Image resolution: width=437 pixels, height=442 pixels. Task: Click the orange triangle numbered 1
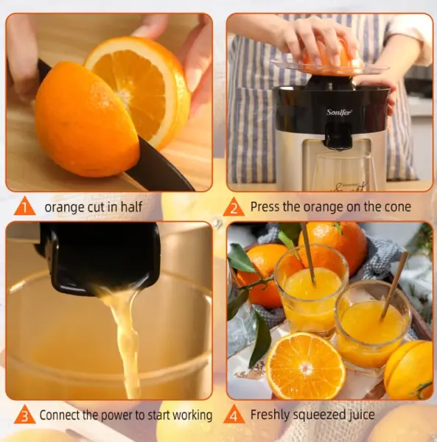pos(25,206)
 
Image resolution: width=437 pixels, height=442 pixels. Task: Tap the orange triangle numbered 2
pos(234,207)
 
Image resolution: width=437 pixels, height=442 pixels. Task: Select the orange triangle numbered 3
pos(25,414)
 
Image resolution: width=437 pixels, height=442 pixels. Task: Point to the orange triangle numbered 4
pos(234,414)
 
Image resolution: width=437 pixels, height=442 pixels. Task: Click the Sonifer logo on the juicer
pos(339,112)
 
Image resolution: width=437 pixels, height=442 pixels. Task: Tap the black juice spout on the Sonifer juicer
pos(338,136)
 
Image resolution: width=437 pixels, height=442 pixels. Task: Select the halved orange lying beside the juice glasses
pos(306,365)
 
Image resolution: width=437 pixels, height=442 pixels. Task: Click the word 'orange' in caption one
pos(65,208)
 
